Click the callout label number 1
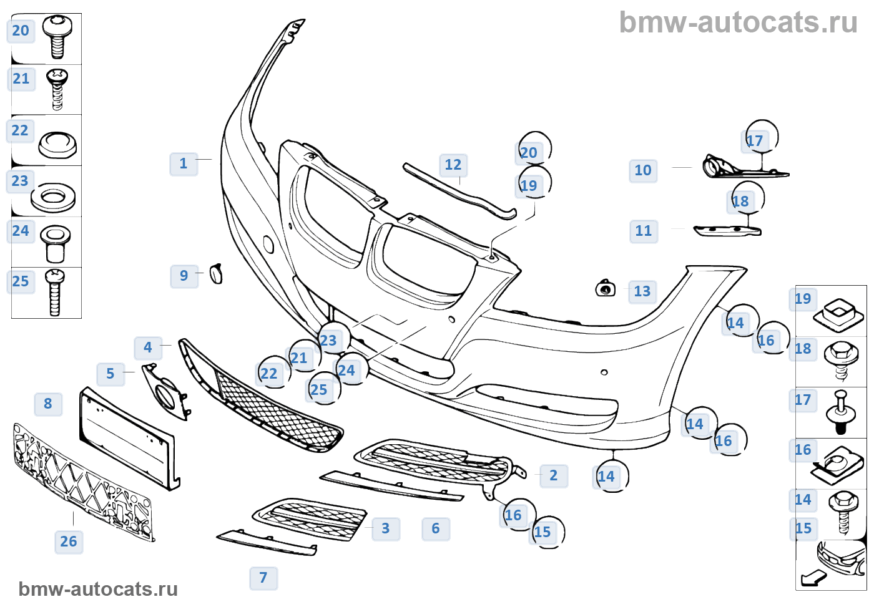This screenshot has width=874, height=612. pyautogui.click(x=184, y=164)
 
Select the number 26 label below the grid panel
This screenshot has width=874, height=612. pyautogui.click(x=69, y=542)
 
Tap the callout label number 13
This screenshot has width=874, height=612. pyautogui.click(x=642, y=291)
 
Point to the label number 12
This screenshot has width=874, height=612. pyautogui.click(x=453, y=165)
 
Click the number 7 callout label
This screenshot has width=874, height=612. pyautogui.click(x=263, y=578)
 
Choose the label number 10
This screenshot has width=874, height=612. pyautogui.click(x=643, y=170)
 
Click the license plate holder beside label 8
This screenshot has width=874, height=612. pyautogui.click(x=128, y=437)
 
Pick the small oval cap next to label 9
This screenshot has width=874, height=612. pyautogui.click(x=217, y=274)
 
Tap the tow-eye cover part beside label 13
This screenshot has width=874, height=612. pyautogui.click(x=605, y=288)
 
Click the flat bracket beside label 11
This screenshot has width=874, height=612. pyautogui.click(x=727, y=231)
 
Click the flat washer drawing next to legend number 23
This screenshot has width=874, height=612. pyautogui.click(x=53, y=198)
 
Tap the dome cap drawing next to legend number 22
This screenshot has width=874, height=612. pyautogui.click(x=57, y=145)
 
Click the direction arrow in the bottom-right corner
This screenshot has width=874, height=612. pyautogui.click(x=813, y=578)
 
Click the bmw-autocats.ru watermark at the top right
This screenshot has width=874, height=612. pyautogui.click(x=738, y=22)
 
